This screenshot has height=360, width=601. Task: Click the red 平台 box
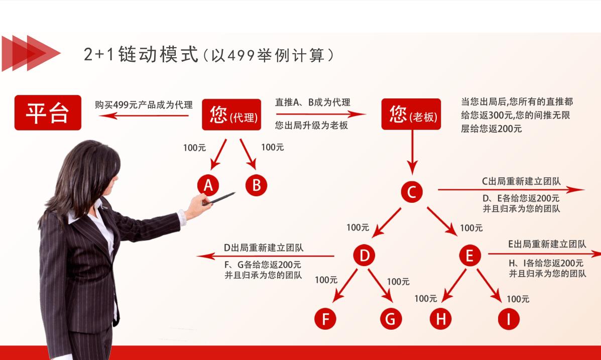click(x=48, y=113)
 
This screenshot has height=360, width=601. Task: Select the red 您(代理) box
click(x=231, y=115)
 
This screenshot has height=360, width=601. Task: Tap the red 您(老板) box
click(x=411, y=114)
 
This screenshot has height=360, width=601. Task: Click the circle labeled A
click(x=208, y=186)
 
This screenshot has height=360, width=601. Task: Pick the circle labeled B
click(x=256, y=186)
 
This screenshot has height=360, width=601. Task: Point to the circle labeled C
click(x=412, y=192)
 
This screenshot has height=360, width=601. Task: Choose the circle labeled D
click(x=364, y=256)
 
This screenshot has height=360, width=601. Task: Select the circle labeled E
click(x=469, y=256)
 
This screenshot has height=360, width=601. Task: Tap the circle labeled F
click(x=325, y=319)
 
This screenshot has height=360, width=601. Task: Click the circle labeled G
click(x=391, y=319)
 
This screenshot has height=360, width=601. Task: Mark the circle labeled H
click(x=441, y=319)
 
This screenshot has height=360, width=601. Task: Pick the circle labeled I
click(x=508, y=319)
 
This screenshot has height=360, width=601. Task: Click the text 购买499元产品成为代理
click(x=144, y=105)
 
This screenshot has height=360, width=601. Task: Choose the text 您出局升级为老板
click(x=311, y=126)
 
